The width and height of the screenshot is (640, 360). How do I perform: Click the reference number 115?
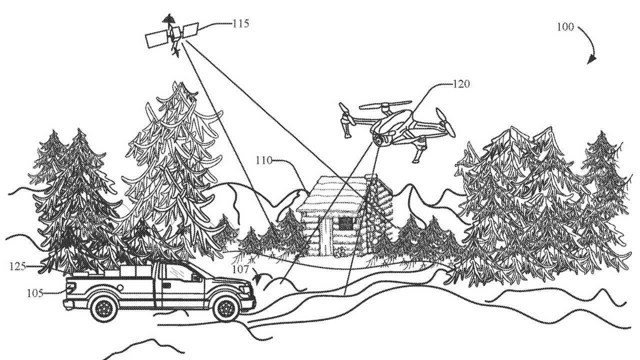241,23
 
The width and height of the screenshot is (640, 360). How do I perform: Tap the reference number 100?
565,27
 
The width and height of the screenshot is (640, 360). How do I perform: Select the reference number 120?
461,84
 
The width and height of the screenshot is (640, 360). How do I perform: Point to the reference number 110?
264,160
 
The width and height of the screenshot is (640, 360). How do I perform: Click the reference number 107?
241,269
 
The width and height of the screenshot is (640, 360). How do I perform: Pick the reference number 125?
17,266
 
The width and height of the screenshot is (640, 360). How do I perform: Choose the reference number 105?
35,293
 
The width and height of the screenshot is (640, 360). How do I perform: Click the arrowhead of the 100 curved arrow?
591,60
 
